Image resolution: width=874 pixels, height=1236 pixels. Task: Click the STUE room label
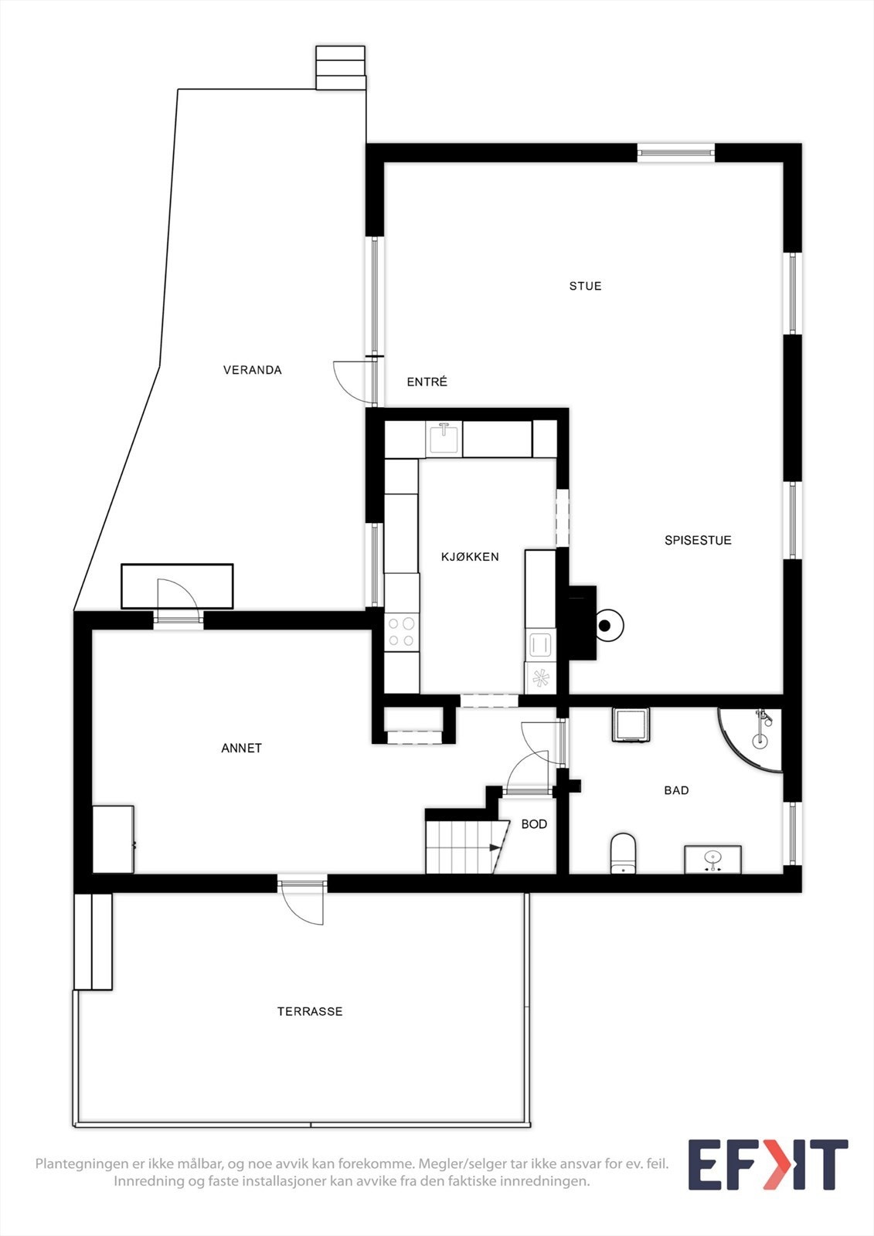[x=585, y=286]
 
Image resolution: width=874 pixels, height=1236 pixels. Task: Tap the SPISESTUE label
[x=698, y=541]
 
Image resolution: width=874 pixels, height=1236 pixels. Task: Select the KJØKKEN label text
[x=470, y=557]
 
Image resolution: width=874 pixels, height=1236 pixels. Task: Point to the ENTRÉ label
[x=427, y=382]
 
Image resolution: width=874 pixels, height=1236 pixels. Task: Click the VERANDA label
[x=252, y=370]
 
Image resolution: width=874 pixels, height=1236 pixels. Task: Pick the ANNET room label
[x=241, y=748]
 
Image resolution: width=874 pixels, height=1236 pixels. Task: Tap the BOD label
[x=534, y=824]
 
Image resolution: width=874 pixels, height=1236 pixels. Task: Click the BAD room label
[x=676, y=790]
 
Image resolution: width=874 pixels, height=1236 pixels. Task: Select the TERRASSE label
[x=310, y=1011]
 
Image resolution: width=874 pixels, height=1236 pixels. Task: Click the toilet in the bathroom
[x=623, y=853]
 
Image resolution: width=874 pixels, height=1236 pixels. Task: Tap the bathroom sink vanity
[x=712, y=859]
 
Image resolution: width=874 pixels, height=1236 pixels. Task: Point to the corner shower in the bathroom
[x=753, y=735]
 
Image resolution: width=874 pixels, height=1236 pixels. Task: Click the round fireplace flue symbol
[x=608, y=626]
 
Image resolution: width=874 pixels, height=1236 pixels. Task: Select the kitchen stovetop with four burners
[x=402, y=631]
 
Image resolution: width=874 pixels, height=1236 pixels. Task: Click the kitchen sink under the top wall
[x=444, y=439]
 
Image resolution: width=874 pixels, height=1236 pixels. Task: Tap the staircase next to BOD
[x=461, y=847]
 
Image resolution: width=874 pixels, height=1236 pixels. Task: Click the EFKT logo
[x=767, y=1164]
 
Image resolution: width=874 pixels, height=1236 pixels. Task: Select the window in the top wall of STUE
[x=675, y=153]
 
